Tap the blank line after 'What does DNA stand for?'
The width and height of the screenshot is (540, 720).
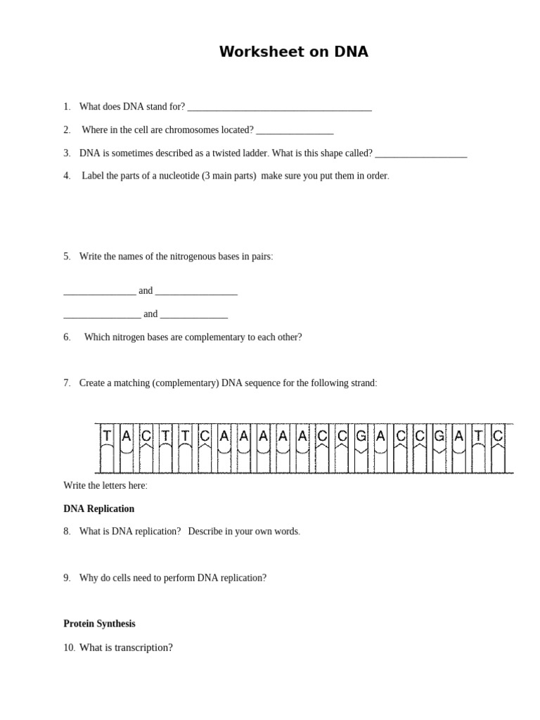(279, 108)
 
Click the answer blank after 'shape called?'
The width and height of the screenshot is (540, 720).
(421, 154)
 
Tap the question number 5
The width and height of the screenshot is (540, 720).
(67, 257)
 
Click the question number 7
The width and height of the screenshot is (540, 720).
(67, 383)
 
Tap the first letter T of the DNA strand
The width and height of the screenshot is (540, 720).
(107, 436)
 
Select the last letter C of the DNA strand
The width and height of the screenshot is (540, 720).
(498, 436)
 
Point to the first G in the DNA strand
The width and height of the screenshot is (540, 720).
(361, 436)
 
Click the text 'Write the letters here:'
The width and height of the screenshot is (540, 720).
(105, 486)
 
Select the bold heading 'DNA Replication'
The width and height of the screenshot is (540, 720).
(98, 509)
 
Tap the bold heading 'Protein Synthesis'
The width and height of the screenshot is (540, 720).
(99, 624)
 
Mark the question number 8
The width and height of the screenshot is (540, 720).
(67, 532)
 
